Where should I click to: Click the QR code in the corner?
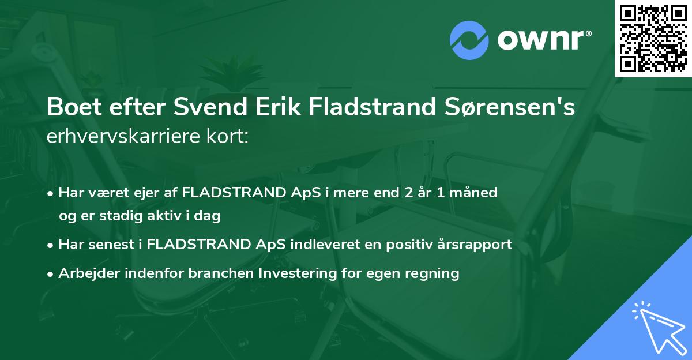coord(653,38)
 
